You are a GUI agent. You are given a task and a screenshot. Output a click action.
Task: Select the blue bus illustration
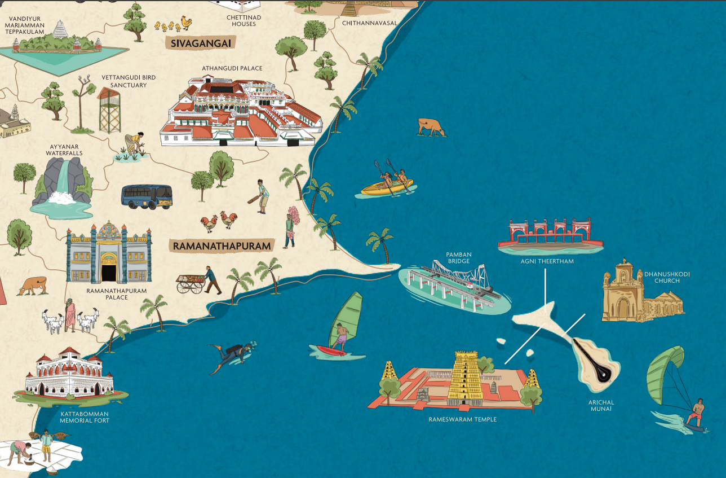(x=147, y=196)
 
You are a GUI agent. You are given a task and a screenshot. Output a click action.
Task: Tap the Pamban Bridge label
(x=458, y=258)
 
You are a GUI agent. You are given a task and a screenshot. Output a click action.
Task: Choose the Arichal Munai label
(x=601, y=405)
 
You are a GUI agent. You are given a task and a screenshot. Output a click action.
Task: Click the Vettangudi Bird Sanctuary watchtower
(x=109, y=110)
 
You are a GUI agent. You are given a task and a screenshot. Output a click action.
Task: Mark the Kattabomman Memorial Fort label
(x=85, y=417)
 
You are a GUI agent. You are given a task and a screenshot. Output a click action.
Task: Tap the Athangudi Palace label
(x=232, y=68)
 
